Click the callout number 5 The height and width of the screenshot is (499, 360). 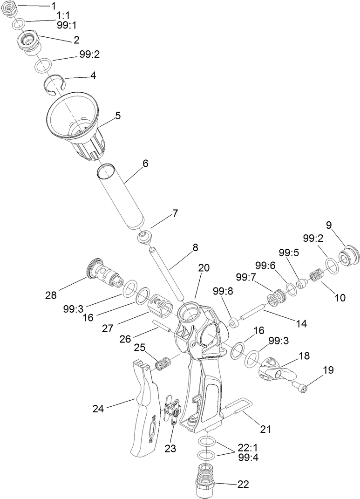tap(118, 116)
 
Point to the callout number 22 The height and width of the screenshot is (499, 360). tap(243, 484)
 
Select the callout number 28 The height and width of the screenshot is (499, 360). tap(51, 295)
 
